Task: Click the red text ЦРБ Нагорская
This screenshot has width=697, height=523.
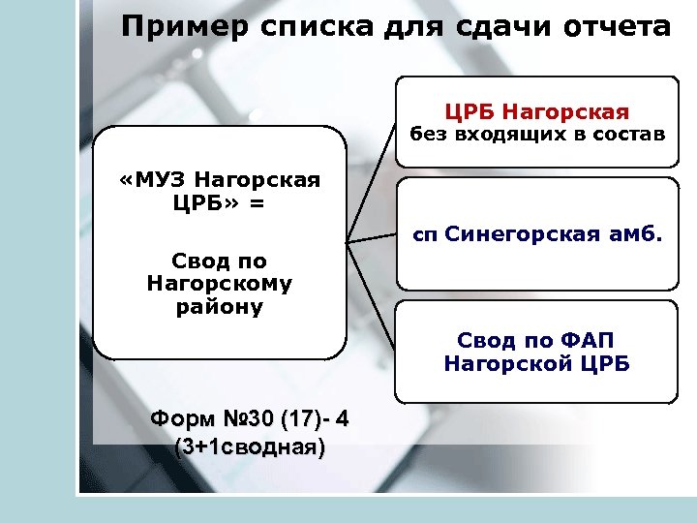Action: [x=537, y=112]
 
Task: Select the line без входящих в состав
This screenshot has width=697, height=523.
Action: [x=537, y=134]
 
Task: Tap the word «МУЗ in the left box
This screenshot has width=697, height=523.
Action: [x=151, y=180]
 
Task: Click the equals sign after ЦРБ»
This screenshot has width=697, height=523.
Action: [x=257, y=202]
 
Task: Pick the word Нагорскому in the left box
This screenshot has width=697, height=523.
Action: [x=220, y=284]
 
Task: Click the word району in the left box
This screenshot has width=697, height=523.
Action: [x=220, y=307]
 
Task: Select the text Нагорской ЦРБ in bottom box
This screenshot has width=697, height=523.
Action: [x=537, y=364]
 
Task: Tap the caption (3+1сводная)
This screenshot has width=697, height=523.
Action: [x=249, y=447]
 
